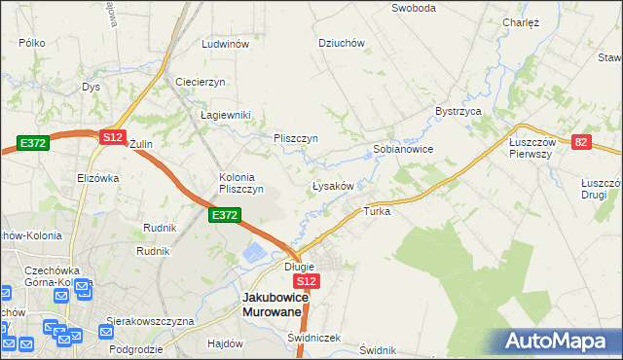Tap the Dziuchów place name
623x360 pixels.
point(342,43)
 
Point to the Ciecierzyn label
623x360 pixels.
point(201,81)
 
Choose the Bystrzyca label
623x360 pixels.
point(459,112)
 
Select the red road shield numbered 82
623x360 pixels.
point(581,142)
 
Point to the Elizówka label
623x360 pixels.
point(97,178)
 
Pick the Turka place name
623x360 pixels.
point(377,211)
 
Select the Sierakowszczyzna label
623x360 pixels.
point(151,320)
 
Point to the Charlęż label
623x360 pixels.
point(521,21)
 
